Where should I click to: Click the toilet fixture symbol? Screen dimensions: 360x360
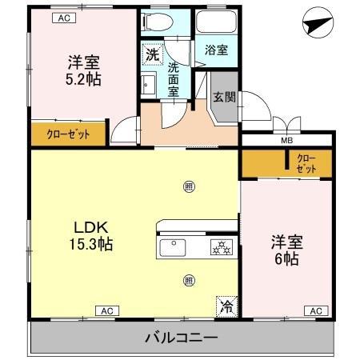(158, 22)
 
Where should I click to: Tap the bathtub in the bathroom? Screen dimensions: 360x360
(216, 22)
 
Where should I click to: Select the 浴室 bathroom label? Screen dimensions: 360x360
(216, 50)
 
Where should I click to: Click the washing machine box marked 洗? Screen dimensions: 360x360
(153, 54)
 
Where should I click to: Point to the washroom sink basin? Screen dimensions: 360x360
(148, 85)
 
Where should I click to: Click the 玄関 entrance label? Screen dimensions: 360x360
(225, 97)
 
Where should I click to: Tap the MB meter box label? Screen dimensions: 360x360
(287, 141)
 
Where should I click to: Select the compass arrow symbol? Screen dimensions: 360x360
(318, 22)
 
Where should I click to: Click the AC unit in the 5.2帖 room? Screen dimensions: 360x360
(64, 18)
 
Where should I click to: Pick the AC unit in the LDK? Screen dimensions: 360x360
(107, 311)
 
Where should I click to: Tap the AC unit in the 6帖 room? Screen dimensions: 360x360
(316, 311)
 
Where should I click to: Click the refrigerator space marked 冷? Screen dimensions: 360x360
(227, 306)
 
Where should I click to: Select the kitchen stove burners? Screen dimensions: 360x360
(222, 247)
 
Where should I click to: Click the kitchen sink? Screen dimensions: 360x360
(173, 248)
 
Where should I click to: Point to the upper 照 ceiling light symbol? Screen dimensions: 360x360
(189, 186)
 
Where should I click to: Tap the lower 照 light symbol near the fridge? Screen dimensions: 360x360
(189, 281)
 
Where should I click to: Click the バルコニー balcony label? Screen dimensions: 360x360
(182, 338)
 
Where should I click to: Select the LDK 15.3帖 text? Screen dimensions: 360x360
(91, 235)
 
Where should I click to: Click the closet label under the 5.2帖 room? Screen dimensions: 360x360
(68, 134)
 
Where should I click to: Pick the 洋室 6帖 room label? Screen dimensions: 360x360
(287, 250)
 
